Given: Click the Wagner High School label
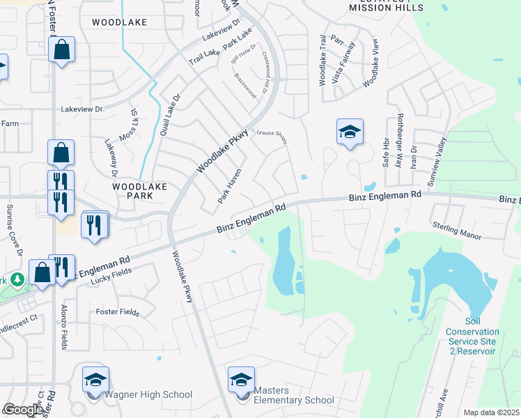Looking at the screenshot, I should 149,395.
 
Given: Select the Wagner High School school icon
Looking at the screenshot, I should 96,380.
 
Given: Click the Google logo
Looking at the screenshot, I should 22,410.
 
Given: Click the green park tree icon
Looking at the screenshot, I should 17,279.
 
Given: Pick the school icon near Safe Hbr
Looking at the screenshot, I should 350,132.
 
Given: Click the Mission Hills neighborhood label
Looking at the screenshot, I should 387,7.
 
